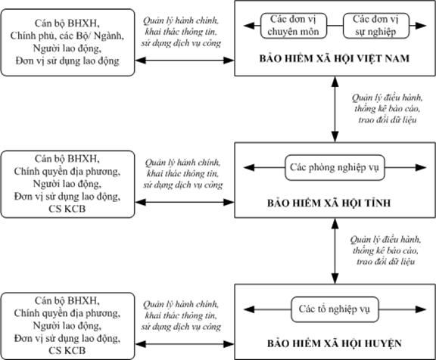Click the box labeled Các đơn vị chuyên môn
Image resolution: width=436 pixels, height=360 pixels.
(x=294, y=26)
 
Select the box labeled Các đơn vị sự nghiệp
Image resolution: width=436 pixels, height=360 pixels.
(x=376, y=26)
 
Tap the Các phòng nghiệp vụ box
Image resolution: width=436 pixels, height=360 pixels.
(x=335, y=167)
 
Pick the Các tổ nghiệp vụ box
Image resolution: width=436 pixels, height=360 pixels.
(x=335, y=309)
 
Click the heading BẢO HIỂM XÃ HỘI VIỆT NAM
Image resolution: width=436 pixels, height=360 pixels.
(x=335, y=58)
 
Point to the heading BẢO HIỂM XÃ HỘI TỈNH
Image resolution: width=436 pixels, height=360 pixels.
(x=329, y=203)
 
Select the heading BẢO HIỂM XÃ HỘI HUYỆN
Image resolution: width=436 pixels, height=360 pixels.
(x=335, y=343)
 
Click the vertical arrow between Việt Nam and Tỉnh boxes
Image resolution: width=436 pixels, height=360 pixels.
(x=335, y=109)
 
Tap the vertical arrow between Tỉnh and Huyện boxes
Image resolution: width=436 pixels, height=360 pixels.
(x=335, y=251)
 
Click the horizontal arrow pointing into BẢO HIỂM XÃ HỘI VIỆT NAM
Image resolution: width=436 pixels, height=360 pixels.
(x=185, y=61)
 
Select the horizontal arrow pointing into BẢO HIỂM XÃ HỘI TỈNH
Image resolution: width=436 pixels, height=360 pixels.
(x=185, y=202)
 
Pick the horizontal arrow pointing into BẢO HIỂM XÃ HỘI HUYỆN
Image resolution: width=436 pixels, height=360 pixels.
(x=185, y=344)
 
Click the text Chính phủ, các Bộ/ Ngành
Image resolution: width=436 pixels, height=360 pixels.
(x=67, y=36)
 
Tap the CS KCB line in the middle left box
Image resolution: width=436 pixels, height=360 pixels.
(x=67, y=209)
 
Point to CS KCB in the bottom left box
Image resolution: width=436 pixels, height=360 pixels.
(x=67, y=351)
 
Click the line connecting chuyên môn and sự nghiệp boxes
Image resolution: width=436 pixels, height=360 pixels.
(x=335, y=26)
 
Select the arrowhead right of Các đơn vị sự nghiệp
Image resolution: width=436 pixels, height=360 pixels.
(x=421, y=26)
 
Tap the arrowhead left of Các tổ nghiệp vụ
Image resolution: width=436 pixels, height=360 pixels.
(x=249, y=309)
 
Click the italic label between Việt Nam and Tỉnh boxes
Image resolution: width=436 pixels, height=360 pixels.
(x=387, y=109)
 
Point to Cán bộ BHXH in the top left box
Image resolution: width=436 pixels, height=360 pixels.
(x=67, y=23)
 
